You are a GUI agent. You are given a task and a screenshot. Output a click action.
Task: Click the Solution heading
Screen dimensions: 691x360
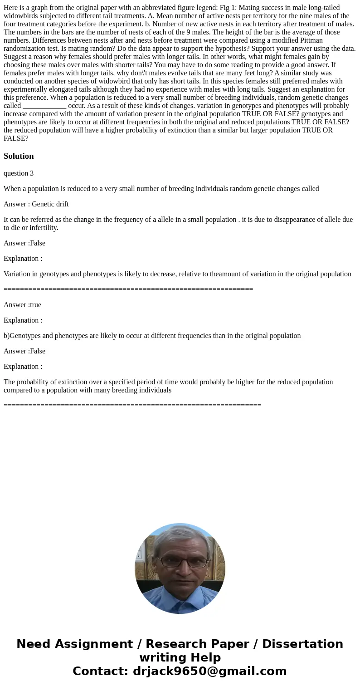click(x=19, y=156)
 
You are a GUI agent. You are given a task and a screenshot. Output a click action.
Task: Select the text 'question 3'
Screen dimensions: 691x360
click(x=19, y=173)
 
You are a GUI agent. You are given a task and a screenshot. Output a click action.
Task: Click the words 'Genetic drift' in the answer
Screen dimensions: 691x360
click(x=50, y=204)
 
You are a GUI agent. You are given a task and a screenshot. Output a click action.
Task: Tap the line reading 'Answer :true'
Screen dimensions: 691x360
click(x=22, y=305)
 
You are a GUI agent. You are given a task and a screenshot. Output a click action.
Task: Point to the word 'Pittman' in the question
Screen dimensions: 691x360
click(x=311, y=40)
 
